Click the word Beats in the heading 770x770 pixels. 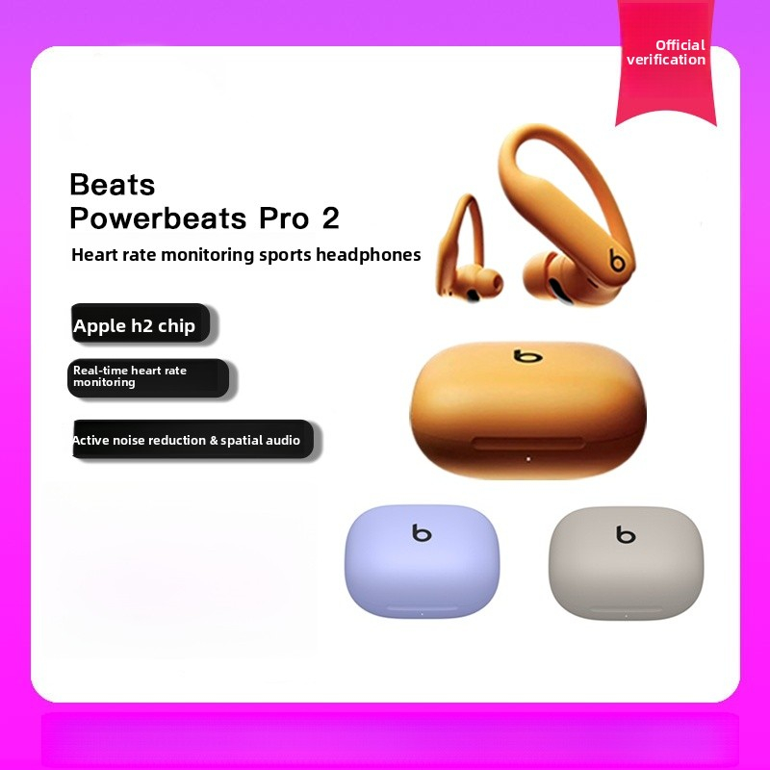(x=113, y=184)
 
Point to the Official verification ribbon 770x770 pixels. (x=666, y=60)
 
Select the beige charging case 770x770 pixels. (x=626, y=568)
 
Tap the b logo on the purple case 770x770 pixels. (x=422, y=532)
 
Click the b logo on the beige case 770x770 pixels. (x=627, y=534)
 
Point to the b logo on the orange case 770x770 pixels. (x=527, y=356)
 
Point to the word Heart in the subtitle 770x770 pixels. (x=92, y=255)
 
